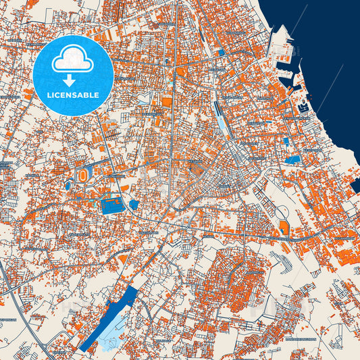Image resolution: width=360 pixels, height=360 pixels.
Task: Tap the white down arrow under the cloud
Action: tap(73, 80)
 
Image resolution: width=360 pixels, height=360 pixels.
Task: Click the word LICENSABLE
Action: tap(73, 94)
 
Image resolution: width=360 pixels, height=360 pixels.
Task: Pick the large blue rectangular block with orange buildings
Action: tap(111, 204)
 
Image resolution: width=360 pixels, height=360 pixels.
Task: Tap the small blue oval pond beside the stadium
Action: tap(68, 184)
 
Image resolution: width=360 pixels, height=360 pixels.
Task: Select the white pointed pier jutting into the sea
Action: tap(283, 30)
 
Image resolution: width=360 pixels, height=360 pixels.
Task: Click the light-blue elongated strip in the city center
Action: tap(222, 122)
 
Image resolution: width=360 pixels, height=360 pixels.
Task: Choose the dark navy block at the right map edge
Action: tap(355, 186)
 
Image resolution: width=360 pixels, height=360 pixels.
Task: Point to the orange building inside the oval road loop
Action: tap(284, 230)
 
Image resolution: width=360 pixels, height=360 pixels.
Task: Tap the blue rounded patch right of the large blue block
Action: tap(134, 204)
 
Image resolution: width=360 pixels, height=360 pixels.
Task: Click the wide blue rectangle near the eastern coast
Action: tap(293, 160)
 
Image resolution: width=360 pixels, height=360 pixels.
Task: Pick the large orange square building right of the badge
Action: tap(167, 102)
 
